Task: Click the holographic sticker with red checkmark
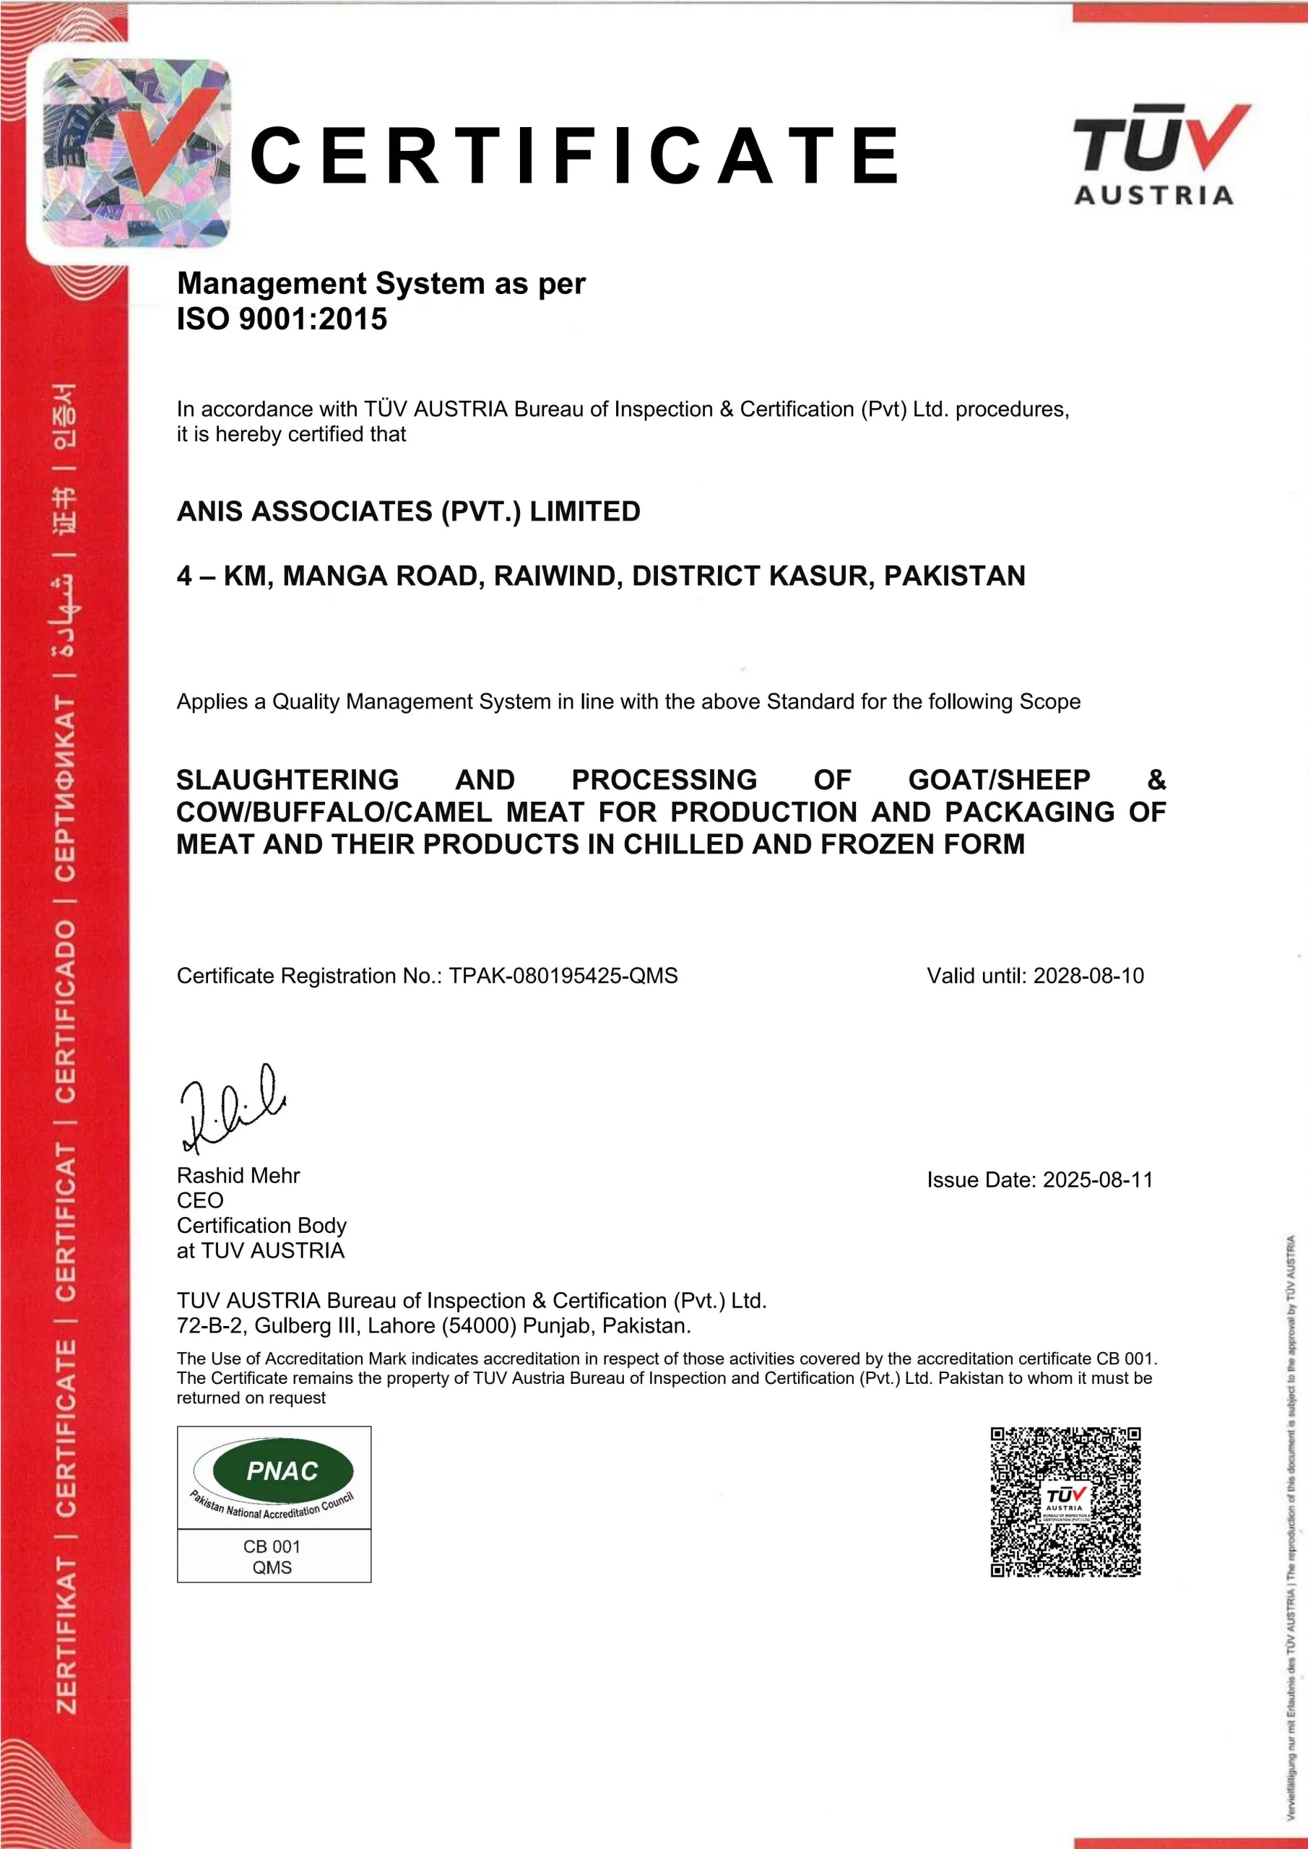(x=135, y=153)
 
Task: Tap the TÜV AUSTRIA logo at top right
(x=1160, y=153)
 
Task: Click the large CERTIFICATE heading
(x=575, y=155)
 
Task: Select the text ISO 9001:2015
(x=282, y=319)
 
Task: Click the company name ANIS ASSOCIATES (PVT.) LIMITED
(x=408, y=511)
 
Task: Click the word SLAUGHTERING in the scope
(x=287, y=779)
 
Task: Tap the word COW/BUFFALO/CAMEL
(x=334, y=812)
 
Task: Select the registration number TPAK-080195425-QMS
(x=563, y=975)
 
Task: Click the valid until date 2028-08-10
(x=1088, y=975)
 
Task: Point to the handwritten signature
(x=231, y=1107)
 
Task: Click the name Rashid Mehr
(x=238, y=1175)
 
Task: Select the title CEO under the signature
(x=200, y=1200)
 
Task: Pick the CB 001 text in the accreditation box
(x=272, y=1546)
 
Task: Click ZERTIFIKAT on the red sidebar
(x=66, y=1634)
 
